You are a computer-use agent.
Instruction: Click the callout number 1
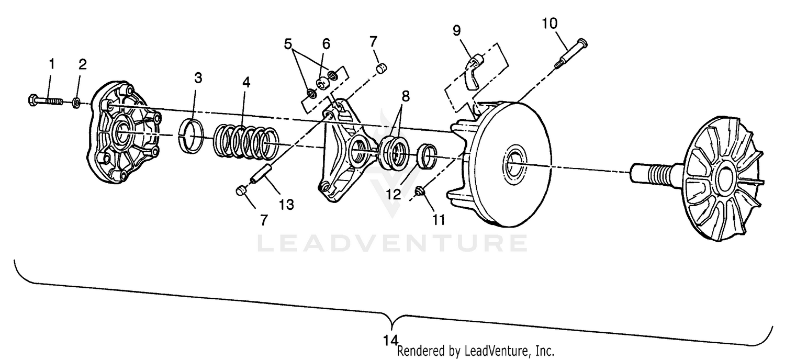click(x=52, y=64)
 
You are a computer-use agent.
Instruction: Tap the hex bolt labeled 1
click(x=46, y=99)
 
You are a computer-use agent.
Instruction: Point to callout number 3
click(x=197, y=78)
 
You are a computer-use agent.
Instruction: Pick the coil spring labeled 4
click(x=245, y=141)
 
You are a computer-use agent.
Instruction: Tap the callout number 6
click(x=326, y=43)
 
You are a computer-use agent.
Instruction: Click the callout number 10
click(x=549, y=24)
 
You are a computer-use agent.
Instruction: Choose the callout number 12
click(x=394, y=194)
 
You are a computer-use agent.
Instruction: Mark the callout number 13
click(x=286, y=204)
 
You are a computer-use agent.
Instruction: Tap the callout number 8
click(x=406, y=96)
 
